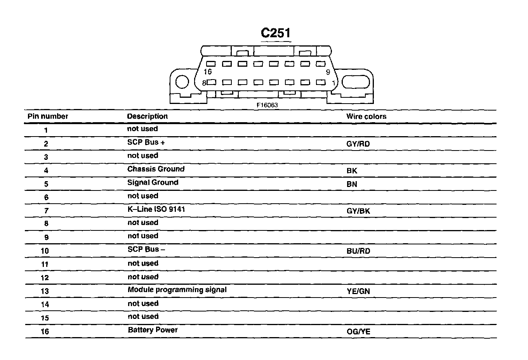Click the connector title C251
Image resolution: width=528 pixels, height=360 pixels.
[276, 33]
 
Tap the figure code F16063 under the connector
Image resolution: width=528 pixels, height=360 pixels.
[267, 105]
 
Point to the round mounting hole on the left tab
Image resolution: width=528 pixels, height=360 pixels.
[182, 82]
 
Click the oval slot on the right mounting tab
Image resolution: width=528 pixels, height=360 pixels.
[355, 82]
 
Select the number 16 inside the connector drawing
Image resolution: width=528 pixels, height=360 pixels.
[208, 72]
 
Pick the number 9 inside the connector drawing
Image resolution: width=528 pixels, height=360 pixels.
[328, 72]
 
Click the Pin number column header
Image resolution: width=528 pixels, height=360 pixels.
[48, 116]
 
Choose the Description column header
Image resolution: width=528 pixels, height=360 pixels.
[148, 116]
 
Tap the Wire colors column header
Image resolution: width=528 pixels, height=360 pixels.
[366, 116]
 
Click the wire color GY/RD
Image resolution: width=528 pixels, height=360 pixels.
[358, 144]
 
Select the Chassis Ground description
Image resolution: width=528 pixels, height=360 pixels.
[156, 169]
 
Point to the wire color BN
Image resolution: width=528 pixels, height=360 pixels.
[352, 184]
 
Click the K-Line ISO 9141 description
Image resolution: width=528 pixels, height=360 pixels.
[156, 209]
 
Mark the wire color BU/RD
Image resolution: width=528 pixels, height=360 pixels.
[358, 251]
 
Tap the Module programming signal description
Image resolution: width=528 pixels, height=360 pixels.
[177, 290]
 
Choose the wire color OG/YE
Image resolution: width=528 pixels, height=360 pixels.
[358, 332]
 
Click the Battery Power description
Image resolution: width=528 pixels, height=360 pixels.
[153, 330]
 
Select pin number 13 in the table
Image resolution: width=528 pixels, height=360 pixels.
[45, 291]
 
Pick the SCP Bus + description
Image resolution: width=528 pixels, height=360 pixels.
[146, 142]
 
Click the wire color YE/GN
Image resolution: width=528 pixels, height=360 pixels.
[358, 291]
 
